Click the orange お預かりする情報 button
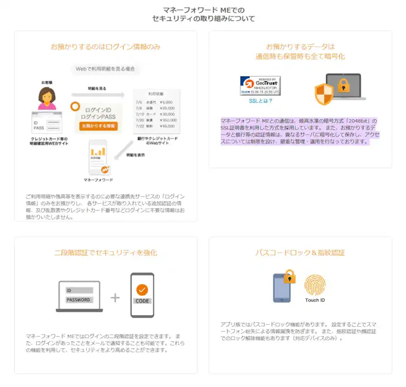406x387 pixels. [x=98, y=126]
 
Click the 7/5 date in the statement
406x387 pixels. [x=139, y=102]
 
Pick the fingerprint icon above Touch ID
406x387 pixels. [x=315, y=285]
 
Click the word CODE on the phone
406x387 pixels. [x=142, y=301]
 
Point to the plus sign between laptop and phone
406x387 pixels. [x=114, y=296]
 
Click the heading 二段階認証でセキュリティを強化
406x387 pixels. [x=105, y=253]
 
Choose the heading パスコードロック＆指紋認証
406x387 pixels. [x=300, y=253]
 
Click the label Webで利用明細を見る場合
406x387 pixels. [x=105, y=68]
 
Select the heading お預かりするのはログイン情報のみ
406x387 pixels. [x=105, y=46]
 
